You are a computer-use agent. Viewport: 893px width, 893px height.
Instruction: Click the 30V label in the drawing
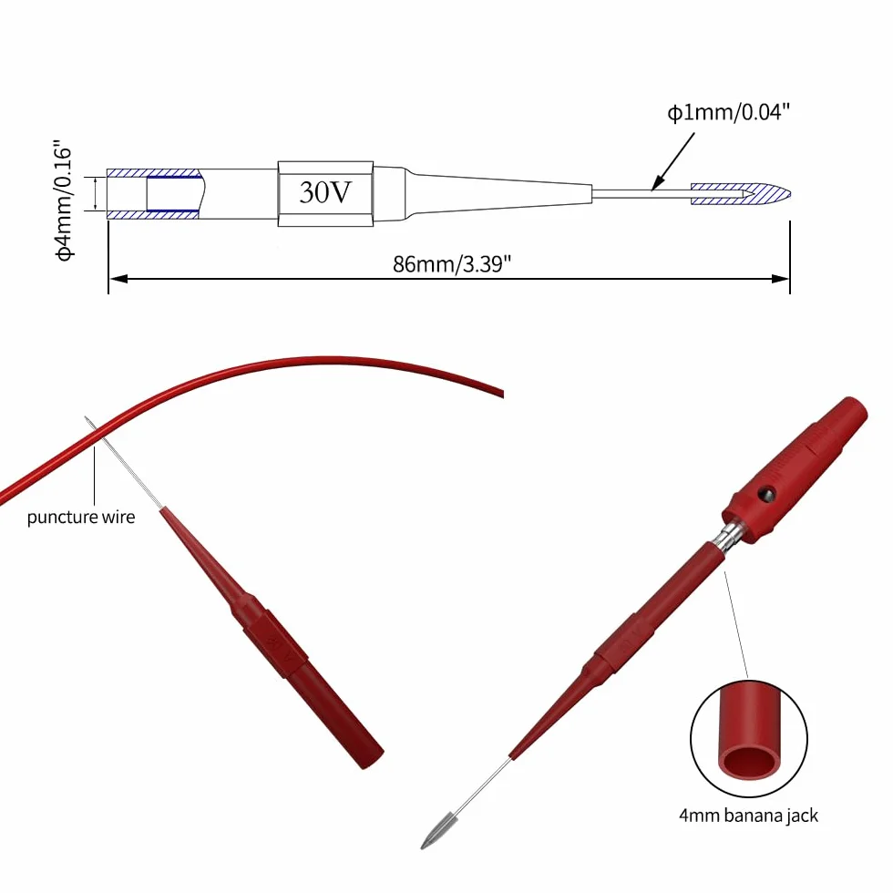point(325,192)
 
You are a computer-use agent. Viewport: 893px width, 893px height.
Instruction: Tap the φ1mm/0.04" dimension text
point(728,112)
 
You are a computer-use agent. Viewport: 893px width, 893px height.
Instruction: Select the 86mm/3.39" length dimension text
point(452,264)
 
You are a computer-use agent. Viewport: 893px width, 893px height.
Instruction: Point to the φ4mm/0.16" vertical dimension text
point(64,200)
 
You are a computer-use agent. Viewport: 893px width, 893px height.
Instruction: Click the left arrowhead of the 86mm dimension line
point(118,279)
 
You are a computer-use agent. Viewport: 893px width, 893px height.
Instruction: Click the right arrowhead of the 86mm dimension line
point(780,279)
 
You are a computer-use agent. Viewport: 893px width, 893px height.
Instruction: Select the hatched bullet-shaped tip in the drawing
point(740,194)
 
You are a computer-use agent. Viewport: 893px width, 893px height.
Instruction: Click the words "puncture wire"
point(81,518)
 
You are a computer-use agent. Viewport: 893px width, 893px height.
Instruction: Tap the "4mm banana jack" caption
point(748,816)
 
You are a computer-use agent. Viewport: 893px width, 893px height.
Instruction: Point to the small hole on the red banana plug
point(766,494)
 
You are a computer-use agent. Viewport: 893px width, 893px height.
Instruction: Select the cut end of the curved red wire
point(501,393)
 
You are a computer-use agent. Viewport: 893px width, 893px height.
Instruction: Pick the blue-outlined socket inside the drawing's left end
point(174,193)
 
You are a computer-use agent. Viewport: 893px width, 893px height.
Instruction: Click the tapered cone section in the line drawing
point(501,194)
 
